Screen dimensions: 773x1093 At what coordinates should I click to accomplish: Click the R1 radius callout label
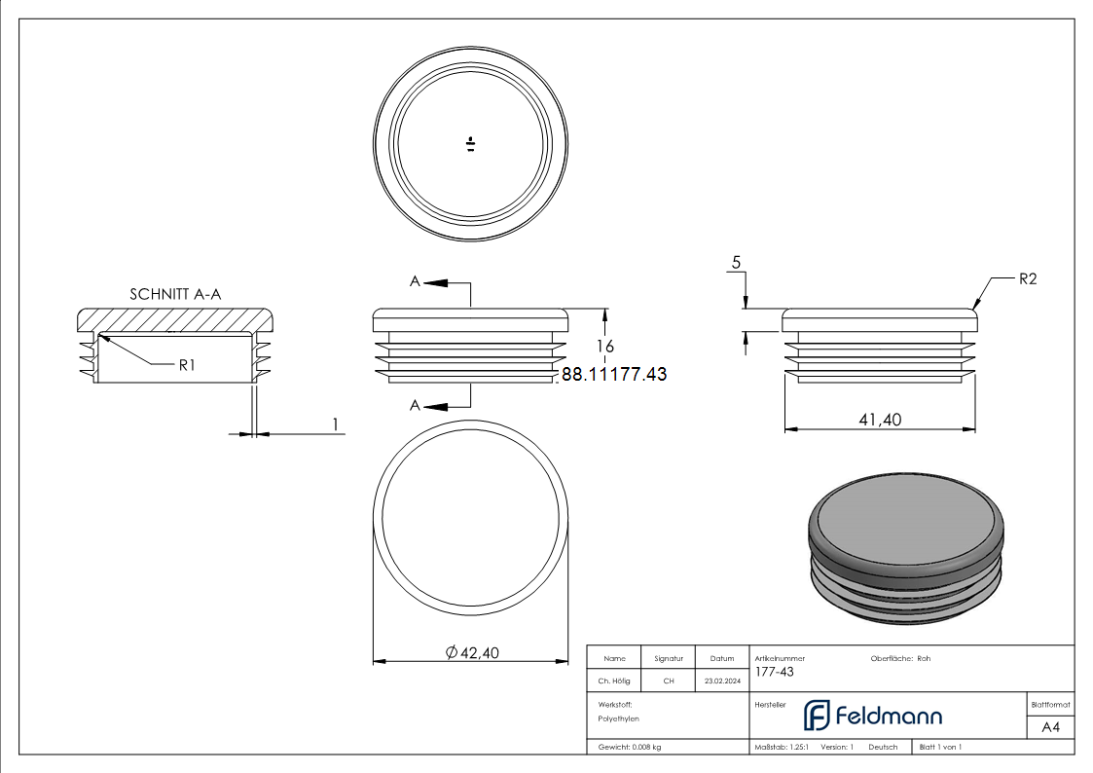click(187, 365)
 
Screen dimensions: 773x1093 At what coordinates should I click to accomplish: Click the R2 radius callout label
click(1028, 279)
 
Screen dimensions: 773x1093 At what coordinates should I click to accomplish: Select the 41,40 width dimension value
click(879, 420)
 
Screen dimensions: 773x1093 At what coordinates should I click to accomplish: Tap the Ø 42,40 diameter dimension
click(472, 653)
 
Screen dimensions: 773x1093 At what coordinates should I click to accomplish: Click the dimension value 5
click(736, 263)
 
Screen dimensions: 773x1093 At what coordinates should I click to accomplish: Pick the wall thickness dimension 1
click(336, 424)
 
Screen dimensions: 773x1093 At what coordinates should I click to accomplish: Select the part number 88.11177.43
click(614, 374)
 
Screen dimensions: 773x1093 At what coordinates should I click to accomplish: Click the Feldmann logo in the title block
click(872, 716)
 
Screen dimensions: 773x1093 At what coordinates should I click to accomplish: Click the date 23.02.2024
click(720, 681)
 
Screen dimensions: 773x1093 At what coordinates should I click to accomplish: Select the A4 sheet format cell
click(1050, 727)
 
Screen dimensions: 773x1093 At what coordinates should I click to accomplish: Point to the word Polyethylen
click(618, 718)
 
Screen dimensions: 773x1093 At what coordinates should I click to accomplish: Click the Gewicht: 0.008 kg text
click(630, 747)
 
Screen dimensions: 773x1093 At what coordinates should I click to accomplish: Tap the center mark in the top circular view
click(470, 145)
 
